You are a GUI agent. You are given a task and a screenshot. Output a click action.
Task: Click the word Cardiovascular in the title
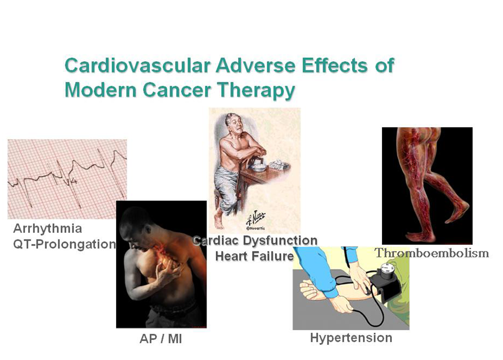click(137, 65)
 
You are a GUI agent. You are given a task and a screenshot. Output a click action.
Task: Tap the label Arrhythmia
click(47, 229)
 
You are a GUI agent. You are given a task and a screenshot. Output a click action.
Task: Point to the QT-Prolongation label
click(64, 244)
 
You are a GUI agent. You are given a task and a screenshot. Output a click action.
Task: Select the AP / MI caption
click(161, 339)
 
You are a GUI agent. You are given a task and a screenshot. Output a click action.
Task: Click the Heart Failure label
click(254, 256)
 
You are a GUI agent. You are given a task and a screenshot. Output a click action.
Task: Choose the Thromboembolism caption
click(432, 253)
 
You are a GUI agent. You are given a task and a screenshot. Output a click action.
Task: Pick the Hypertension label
click(351, 338)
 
